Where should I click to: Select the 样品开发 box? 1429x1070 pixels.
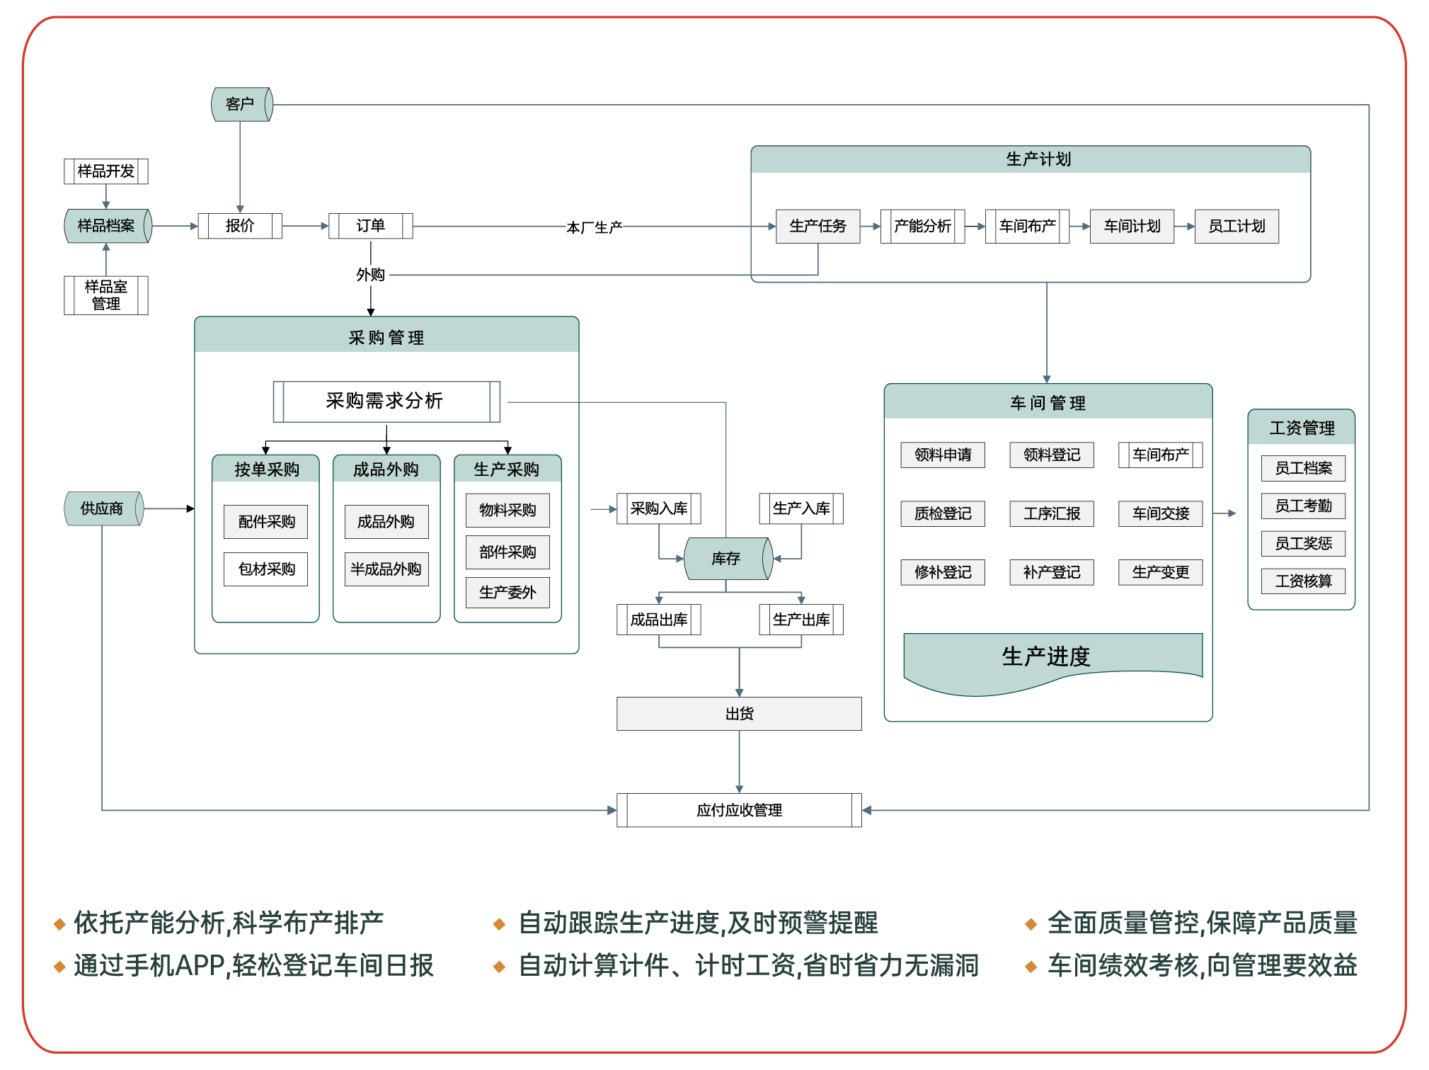coord(106,171)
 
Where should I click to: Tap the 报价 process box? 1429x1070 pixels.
coord(240,226)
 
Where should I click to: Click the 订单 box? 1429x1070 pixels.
coord(370,226)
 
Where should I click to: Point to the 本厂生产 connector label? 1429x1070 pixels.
coord(594,227)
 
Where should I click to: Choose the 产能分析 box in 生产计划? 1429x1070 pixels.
coord(922,226)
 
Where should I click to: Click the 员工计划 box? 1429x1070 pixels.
coord(1236,226)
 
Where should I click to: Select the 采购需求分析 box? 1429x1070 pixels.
coord(386,402)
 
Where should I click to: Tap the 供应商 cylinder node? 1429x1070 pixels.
coord(103,508)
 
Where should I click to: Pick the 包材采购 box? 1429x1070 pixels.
coord(266,569)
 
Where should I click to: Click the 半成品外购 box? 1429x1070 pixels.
coord(386,569)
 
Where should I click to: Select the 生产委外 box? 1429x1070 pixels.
coord(507,593)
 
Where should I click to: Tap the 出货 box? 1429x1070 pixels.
coord(739,714)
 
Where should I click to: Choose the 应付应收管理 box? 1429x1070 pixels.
coord(739,810)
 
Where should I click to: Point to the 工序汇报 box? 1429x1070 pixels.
coord(1052,513)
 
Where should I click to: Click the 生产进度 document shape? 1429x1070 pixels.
coord(1046,658)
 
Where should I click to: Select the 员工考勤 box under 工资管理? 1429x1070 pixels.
coord(1303,506)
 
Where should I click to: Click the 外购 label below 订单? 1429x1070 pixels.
coord(371,275)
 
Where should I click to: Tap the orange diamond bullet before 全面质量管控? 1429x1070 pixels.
coord(1031,924)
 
